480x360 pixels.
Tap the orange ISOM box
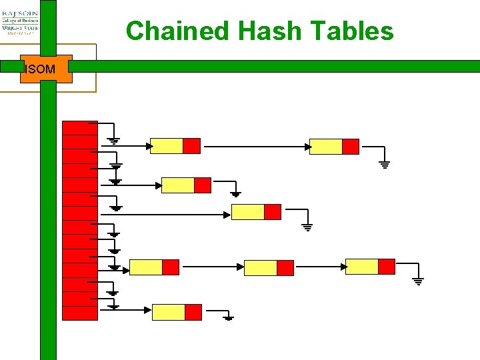point(46,69)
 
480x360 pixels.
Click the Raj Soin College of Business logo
point(20,21)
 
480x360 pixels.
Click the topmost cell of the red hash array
point(79,128)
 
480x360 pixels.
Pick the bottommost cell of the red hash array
point(79,313)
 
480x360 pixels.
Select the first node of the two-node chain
point(175,146)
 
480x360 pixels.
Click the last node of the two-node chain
point(334,147)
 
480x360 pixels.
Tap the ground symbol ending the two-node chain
point(384,163)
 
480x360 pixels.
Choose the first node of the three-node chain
point(154,267)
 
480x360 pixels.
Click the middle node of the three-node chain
point(269,268)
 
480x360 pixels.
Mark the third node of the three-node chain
point(370,267)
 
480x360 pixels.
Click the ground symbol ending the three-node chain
point(418,281)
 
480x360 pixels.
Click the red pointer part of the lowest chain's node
point(193,312)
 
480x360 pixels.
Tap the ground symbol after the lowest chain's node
point(228,317)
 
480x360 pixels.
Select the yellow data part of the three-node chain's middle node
point(261,268)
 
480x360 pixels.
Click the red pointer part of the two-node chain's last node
point(351,147)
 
